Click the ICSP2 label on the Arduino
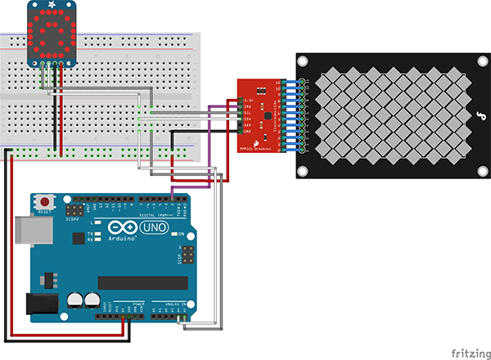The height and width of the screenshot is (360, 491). [x=72, y=219]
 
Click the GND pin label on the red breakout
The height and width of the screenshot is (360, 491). [x=247, y=131]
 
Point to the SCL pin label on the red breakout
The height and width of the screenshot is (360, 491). [x=247, y=112]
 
